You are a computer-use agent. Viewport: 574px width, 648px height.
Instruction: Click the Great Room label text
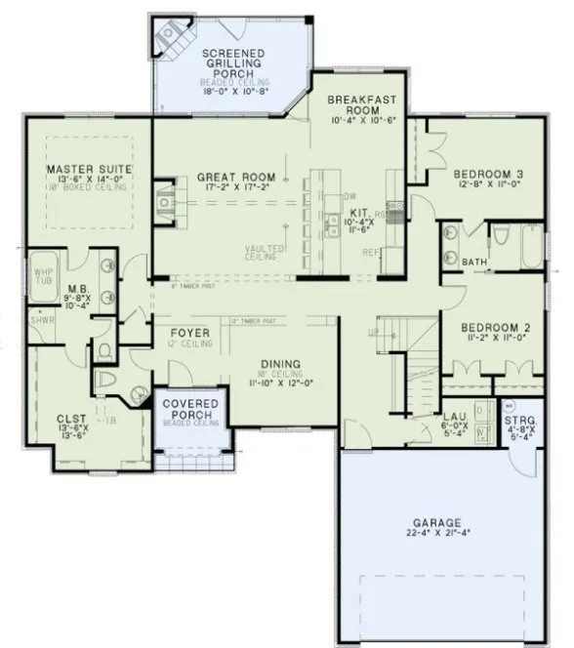(x=235, y=177)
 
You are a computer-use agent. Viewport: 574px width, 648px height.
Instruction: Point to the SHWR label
(x=41, y=319)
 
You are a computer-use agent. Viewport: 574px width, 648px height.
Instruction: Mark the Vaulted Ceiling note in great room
(x=265, y=252)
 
